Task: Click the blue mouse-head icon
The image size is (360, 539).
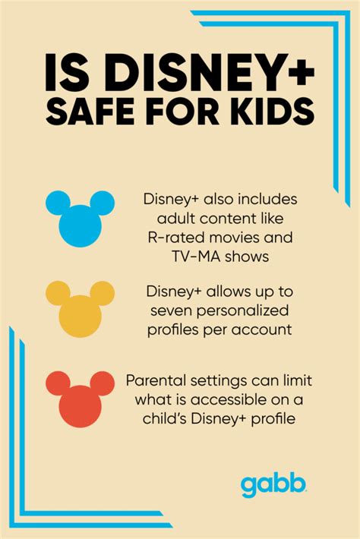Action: click(x=80, y=222)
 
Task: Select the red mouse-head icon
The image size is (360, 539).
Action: click(x=80, y=401)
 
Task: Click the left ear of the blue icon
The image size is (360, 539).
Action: click(x=58, y=202)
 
